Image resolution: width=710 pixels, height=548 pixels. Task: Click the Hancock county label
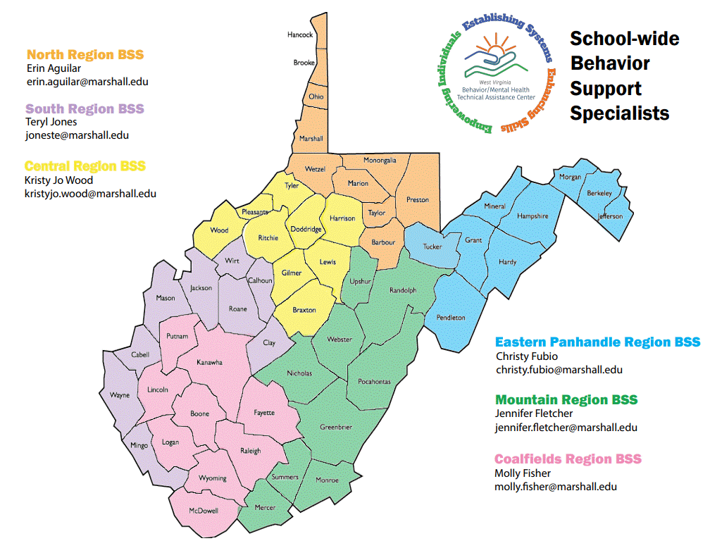(300, 35)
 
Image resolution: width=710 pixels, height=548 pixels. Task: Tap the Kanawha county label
(209, 363)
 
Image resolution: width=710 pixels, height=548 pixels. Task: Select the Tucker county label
(432, 247)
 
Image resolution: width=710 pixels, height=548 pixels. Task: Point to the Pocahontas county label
(374, 382)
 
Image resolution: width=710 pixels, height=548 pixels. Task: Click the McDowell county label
(204, 511)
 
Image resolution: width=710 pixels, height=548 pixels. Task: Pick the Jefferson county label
(610, 216)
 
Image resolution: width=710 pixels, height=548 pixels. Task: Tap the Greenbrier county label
(336, 427)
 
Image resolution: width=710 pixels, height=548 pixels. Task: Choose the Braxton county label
(304, 310)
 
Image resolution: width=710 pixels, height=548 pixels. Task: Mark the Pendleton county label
(451, 318)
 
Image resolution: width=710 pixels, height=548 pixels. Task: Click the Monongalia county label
(380, 161)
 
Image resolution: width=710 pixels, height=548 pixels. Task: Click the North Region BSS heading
(89, 54)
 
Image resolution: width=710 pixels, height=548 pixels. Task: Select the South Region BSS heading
(85, 108)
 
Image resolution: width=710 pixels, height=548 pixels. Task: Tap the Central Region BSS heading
(85, 166)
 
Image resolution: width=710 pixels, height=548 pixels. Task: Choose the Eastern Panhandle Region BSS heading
(597, 342)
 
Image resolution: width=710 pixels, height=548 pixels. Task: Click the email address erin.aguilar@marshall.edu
(87, 82)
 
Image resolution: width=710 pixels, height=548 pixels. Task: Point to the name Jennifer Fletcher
(534, 413)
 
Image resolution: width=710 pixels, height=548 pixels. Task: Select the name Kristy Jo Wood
(58, 180)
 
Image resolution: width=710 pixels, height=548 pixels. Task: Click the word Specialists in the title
(619, 113)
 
